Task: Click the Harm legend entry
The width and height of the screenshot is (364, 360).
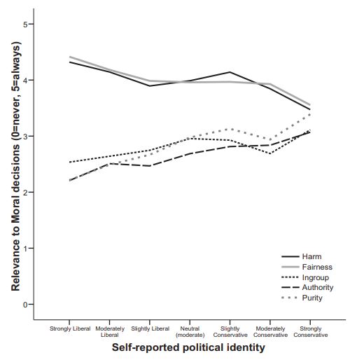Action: coord(302,256)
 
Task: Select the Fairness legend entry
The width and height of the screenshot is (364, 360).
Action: coord(307,267)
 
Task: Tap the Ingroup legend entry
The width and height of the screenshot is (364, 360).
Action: coord(305,277)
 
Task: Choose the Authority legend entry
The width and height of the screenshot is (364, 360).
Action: coord(307,287)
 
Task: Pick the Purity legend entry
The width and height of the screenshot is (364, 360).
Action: coord(302,298)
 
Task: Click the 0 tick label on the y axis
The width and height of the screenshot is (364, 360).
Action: coord(25,305)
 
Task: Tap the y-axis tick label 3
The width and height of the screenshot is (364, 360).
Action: coord(25,136)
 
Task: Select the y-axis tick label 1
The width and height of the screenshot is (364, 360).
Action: coord(25,248)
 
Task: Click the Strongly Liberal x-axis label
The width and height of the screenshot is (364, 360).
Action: coord(70,328)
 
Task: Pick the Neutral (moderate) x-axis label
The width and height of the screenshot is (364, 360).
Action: coord(190,332)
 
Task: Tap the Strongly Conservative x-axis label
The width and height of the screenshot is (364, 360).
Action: coord(311,332)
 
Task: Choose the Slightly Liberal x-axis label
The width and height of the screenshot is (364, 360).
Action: coord(150,328)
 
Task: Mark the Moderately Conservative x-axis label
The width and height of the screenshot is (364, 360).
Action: coord(270,332)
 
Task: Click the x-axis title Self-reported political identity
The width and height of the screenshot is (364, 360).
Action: coord(188,347)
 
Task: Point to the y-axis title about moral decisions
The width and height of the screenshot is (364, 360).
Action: coord(16,166)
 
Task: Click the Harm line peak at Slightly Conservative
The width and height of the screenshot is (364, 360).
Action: coord(230,72)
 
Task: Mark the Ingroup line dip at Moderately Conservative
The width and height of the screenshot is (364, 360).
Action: coord(270,153)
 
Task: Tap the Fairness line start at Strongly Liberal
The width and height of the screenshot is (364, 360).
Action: coord(70,57)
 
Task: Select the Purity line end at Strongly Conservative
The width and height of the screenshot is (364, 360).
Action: coord(310,114)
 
